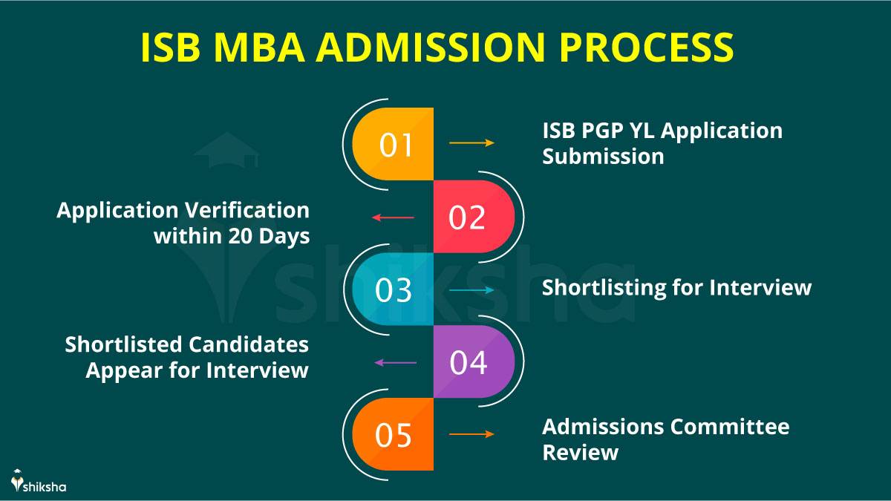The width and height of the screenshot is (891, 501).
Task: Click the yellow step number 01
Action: click(x=396, y=145)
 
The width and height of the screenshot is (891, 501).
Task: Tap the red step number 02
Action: click(x=468, y=217)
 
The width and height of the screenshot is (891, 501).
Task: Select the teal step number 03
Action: click(x=394, y=290)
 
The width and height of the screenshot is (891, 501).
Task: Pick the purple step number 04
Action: click(x=469, y=363)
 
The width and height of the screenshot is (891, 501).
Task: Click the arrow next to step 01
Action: click(x=471, y=143)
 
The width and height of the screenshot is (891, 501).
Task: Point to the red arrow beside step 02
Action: click(x=393, y=217)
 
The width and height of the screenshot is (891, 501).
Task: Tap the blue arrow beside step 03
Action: click(x=471, y=290)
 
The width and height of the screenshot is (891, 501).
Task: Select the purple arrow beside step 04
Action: click(x=395, y=363)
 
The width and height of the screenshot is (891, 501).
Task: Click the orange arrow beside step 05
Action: click(x=471, y=434)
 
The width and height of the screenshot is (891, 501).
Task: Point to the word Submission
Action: click(x=603, y=157)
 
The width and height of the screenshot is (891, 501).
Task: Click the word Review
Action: click(x=580, y=452)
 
